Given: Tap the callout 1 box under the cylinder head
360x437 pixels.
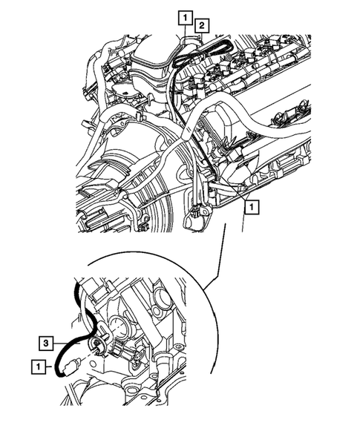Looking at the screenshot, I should coord(253,208).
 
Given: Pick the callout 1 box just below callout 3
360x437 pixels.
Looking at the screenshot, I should coord(36,365).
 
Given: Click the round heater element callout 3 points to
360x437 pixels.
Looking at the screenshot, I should coord(96,345).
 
